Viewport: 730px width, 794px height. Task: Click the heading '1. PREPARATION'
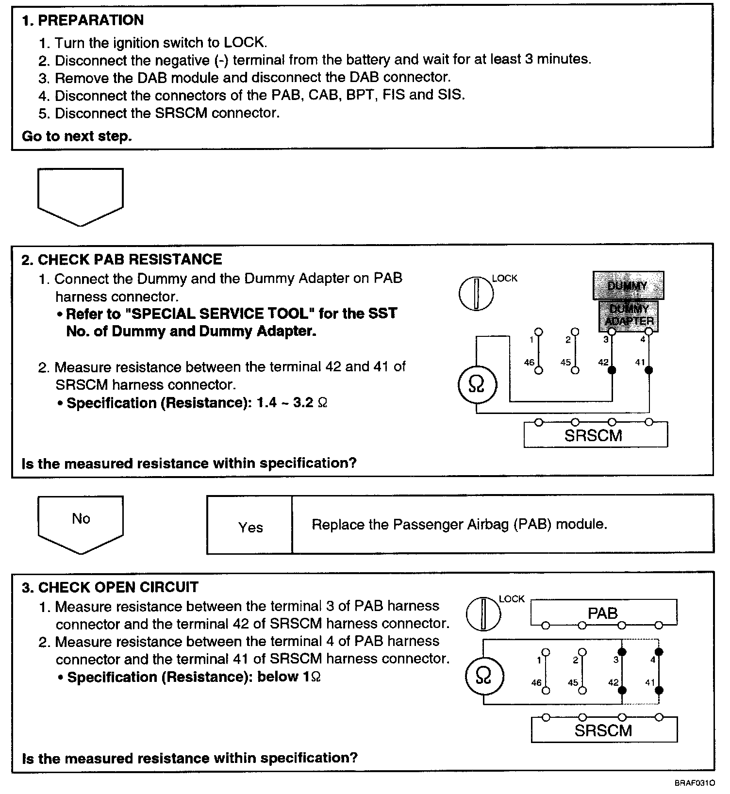[x=83, y=20]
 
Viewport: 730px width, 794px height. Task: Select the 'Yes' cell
[x=250, y=528]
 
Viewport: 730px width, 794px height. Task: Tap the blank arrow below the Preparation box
[x=81, y=194]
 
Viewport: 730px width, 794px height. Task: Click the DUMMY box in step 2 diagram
[x=628, y=285]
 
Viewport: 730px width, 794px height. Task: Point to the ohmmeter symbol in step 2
[x=477, y=384]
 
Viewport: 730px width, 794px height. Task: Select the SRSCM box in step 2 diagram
[x=595, y=435]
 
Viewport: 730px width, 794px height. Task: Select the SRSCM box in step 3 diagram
[x=604, y=730]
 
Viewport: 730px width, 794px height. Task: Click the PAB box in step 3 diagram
[x=603, y=613]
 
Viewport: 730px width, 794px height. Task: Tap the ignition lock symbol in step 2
[x=476, y=293]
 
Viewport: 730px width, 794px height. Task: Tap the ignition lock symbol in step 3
[x=483, y=613]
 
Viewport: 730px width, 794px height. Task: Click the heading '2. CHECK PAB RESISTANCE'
[x=121, y=260]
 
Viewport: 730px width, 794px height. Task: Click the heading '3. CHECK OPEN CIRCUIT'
[x=110, y=587]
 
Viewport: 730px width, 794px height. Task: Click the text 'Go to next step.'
[x=77, y=136]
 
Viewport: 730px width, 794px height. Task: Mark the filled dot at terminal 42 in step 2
[x=612, y=370]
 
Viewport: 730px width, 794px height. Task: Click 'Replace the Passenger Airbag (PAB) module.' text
[x=459, y=525]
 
